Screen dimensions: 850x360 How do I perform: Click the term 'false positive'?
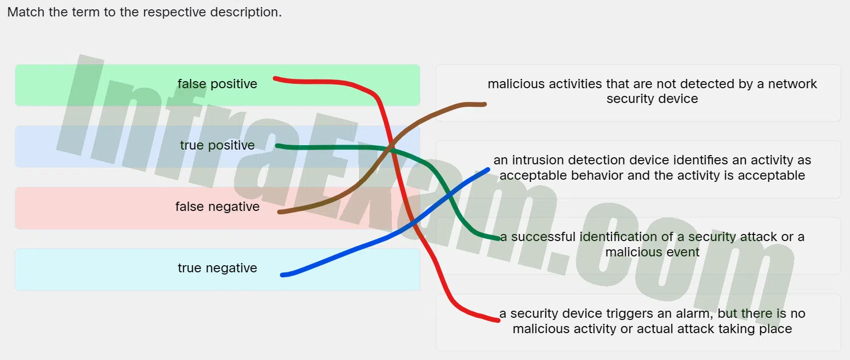(x=217, y=84)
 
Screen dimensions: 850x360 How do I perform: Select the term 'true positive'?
(x=217, y=145)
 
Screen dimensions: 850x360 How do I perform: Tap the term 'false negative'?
(x=217, y=207)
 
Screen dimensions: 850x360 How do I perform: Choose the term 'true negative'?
(x=217, y=268)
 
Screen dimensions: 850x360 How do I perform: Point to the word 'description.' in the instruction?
(x=246, y=12)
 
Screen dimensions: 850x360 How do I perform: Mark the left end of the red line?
(x=275, y=78)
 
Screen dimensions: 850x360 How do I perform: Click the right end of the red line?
(x=498, y=321)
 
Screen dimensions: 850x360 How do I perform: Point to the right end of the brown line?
(x=484, y=104)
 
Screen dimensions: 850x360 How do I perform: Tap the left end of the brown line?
(x=279, y=212)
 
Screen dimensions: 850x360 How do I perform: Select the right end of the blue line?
(x=488, y=170)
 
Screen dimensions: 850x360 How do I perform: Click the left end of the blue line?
(x=282, y=275)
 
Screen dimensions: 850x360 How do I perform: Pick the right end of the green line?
(x=499, y=238)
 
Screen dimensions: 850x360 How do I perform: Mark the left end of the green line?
(x=277, y=146)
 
